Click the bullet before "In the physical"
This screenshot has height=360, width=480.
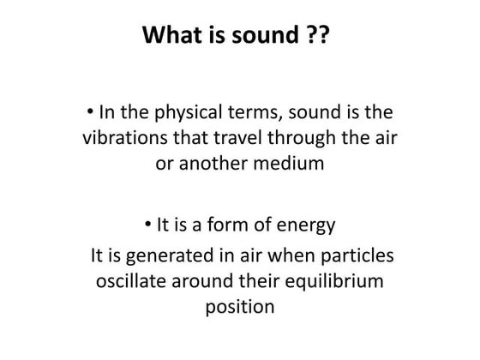93,111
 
